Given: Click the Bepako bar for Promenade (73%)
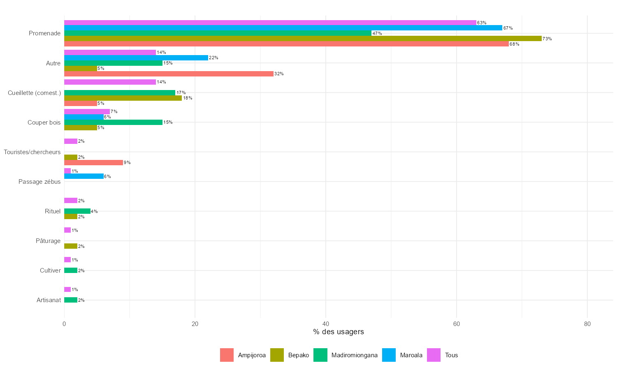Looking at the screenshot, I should click(x=303, y=39).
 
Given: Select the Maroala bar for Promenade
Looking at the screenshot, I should click(x=283, y=28).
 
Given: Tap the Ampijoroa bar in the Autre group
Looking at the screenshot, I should click(x=169, y=74).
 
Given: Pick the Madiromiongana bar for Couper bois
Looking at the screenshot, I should click(x=113, y=123).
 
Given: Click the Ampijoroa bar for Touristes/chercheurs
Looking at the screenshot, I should click(x=93, y=163).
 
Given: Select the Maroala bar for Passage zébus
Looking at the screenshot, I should click(x=84, y=176).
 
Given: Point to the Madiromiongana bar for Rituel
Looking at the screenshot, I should click(x=77, y=211).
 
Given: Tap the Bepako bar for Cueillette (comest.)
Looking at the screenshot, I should click(x=123, y=98).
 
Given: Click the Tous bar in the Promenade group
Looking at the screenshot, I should click(x=270, y=23).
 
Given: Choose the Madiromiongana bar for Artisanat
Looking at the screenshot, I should click(x=71, y=300).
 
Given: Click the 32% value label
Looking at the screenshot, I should click(x=279, y=74).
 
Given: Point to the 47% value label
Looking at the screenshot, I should click(x=377, y=33).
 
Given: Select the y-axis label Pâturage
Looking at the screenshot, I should click(x=48, y=241).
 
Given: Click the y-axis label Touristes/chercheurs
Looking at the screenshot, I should click(x=32, y=152).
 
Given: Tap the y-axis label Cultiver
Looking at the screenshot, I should click(x=50, y=271).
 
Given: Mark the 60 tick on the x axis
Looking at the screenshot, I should click(x=457, y=324).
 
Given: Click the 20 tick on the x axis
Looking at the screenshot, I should click(x=195, y=324).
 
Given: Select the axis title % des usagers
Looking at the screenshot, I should click(x=339, y=332).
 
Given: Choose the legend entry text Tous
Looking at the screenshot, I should click(x=451, y=355).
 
